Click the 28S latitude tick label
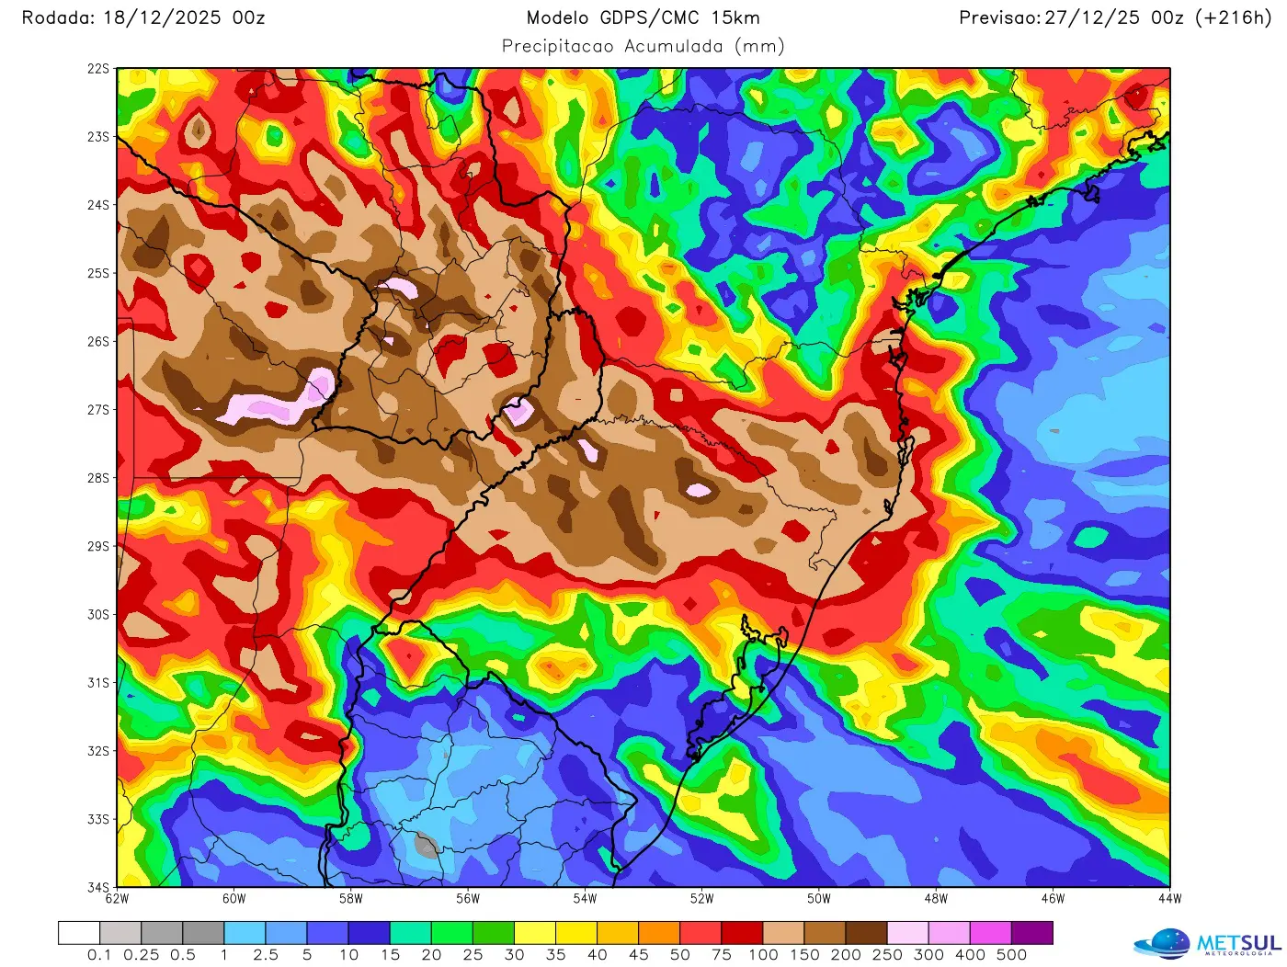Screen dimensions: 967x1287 (97, 478)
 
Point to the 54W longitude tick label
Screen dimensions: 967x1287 (585, 899)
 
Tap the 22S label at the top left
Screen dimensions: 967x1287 (97, 69)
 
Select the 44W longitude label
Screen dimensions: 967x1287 (1169, 899)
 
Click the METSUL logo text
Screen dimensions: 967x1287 (1238, 943)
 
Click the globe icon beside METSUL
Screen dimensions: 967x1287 (1165, 944)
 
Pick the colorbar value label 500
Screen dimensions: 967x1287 (1011, 955)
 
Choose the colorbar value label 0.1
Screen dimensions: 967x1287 (99, 955)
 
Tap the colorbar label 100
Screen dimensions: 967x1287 (763, 955)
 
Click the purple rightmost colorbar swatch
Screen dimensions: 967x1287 (1031, 933)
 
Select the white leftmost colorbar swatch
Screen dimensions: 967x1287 (79, 933)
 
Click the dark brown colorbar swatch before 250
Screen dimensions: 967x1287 (866, 933)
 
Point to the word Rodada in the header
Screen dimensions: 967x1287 (53, 17)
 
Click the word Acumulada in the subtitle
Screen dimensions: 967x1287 (673, 46)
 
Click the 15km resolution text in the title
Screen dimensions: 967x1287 (735, 17)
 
